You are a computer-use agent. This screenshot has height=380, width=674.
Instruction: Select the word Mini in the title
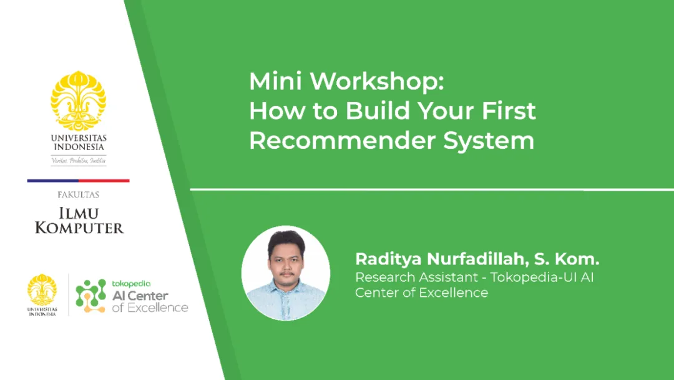pyautogui.click(x=276, y=81)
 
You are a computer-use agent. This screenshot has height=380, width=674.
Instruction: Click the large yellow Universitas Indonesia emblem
pyautogui.click(x=78, y=100)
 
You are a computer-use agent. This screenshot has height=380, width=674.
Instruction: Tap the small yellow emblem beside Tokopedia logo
pyautogui.click(x=42, y=289)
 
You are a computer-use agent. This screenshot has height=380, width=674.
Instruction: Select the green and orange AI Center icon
pyautogui.click(x=90, y=296)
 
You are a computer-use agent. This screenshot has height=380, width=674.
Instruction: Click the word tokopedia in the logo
pyautogui.click(x=131, y=284)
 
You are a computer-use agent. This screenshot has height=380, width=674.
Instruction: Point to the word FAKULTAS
pyautogui.click(x=78, y=195)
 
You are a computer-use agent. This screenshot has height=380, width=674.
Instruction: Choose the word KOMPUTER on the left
pyautogui.click(x=79, y=227)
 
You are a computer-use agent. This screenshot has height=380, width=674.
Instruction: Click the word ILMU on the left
pyautogui.click(x=79, y=213)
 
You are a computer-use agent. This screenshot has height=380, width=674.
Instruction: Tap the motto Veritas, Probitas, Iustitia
pyautogui.click(x=79, y=161)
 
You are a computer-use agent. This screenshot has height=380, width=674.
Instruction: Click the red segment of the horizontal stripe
pyautogui.click(x=104, y=181)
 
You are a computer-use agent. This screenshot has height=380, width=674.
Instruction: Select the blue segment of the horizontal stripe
pyautogui.click(x=53, y=181)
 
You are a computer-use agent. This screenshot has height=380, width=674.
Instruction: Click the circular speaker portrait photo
pyautogui.click(x=286, y=273)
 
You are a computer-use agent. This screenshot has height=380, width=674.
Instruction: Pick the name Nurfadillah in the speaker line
pyautogui.click(x=477, y=259)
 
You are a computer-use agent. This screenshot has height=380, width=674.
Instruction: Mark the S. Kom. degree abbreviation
pyautogui.click(x=567, y=259)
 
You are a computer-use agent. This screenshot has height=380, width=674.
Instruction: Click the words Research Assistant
pyautogui.click(x=416, y=277)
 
